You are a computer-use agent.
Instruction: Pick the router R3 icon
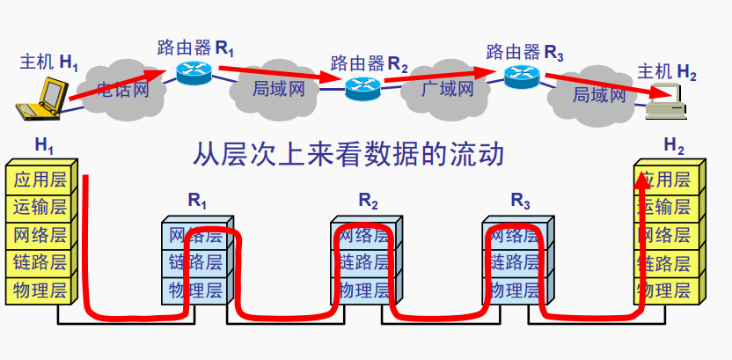(x=522, y=75)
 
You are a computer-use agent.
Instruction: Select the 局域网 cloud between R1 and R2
(x=278, y=88)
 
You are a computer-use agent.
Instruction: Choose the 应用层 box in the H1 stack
(x=39, y=180)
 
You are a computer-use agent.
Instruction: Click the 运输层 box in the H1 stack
(x=39, y=208)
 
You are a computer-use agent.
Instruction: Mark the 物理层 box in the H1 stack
(x=39, y=289)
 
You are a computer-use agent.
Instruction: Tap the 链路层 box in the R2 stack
(x=363, y=261)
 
